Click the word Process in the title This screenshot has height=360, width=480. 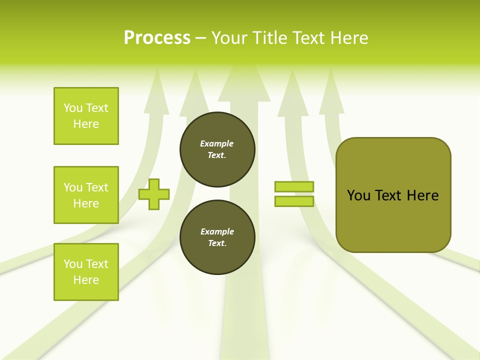point(157,38)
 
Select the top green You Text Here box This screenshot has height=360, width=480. point(86,116)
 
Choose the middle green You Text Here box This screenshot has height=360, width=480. point(86,195)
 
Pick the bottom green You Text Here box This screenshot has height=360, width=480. point(86,272)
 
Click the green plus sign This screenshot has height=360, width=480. point(154,194)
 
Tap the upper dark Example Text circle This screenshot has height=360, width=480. point(217,149)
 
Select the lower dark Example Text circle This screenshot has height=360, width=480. point(217,237)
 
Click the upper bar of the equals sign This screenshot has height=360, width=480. point(294,186)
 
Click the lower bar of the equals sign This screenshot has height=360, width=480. point(294,201)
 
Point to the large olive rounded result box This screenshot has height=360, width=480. point(393,220)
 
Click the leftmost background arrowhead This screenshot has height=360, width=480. point(156,95)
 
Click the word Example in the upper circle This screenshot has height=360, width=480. point(217,143)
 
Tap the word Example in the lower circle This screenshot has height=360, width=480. point(217,231)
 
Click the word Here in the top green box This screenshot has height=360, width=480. point(86,124)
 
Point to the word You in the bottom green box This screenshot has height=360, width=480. point(72,264)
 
